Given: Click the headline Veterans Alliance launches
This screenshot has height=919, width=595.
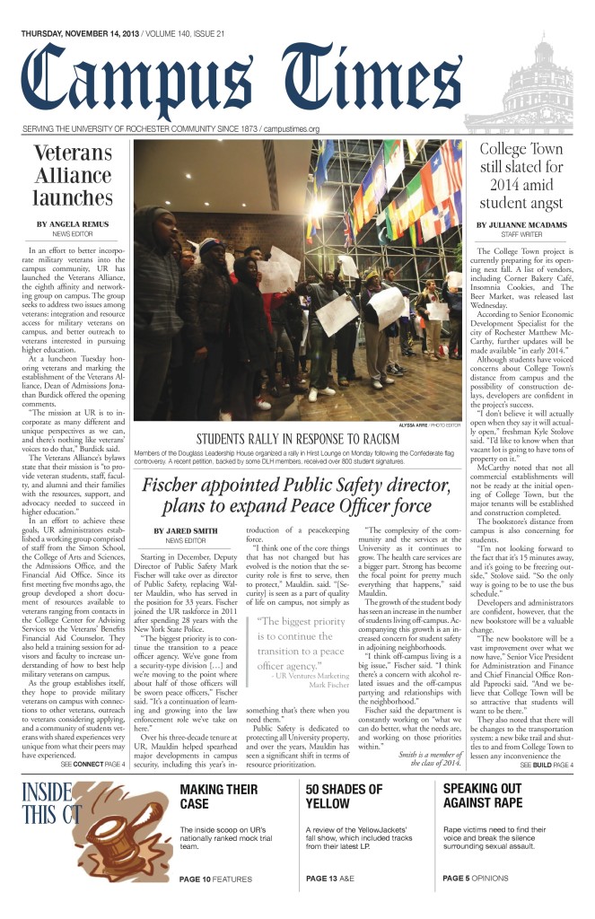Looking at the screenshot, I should tap(73, 175).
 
